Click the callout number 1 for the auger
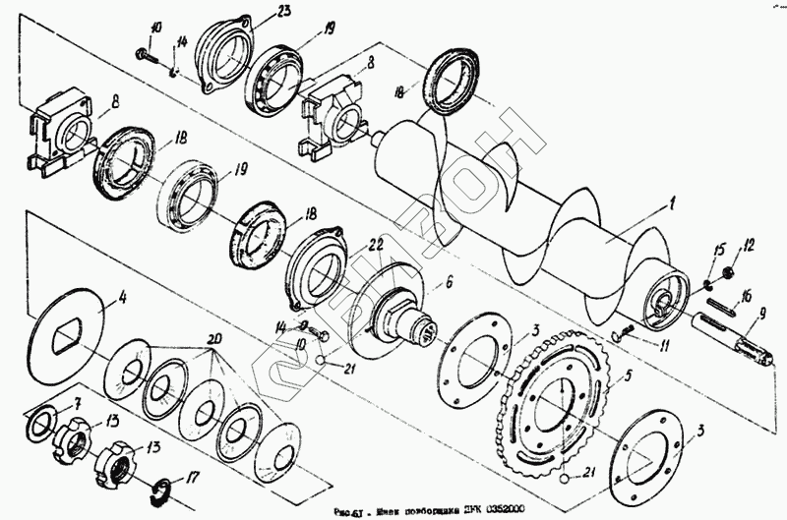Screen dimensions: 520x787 (x=671, y=204)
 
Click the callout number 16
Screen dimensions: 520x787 (x=747, y=295)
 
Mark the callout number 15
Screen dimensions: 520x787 (x=719, y=247)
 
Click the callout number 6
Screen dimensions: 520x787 (x=448, y=281)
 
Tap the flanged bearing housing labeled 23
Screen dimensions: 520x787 (x=227, y=54)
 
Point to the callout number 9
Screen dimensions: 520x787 (x=760, y=318)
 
